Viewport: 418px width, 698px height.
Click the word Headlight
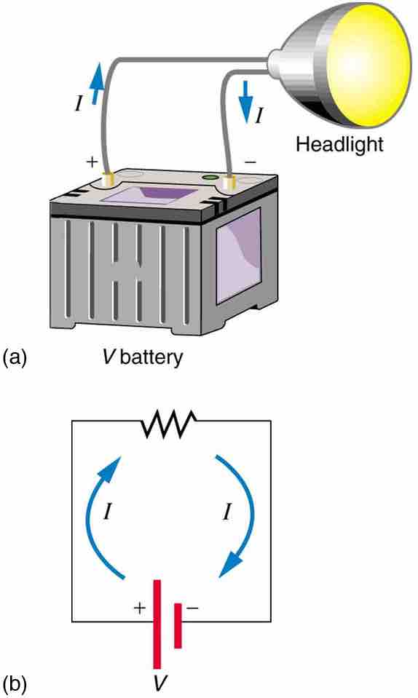coord(339,143)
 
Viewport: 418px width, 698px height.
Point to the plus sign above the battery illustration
coord(92,162)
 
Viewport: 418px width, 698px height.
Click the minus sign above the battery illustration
coord(251,161)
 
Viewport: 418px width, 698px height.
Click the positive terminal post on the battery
coord(110,177)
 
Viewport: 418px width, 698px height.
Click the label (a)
coord(16,357)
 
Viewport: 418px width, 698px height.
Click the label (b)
coord(16,684)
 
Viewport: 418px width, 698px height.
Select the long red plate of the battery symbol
coord(156,623)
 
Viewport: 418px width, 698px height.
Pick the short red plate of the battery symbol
coord(177,624)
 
